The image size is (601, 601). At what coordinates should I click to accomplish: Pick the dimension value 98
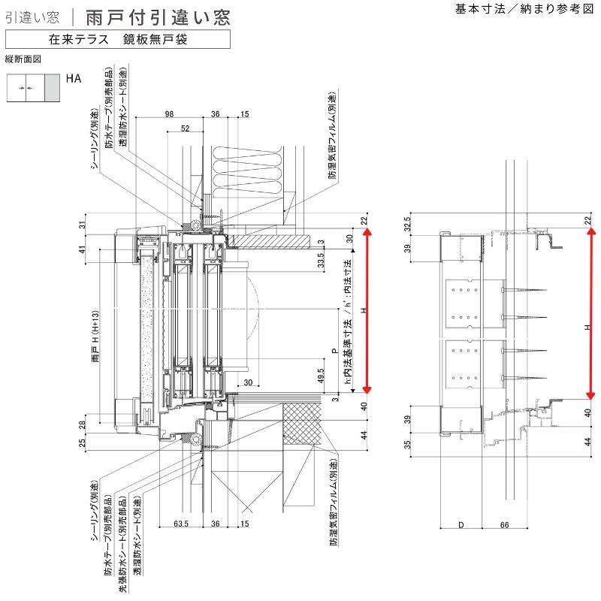point(168,114)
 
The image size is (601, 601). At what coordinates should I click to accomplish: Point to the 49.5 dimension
point(320,375)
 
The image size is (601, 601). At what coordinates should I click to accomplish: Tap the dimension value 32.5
point(407,225)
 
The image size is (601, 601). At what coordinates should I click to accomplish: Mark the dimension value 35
point(407,443)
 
